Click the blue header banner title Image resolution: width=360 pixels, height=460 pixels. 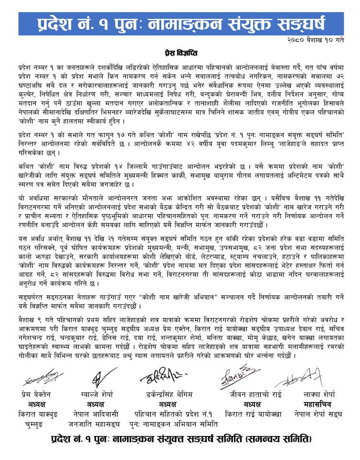(179, 23)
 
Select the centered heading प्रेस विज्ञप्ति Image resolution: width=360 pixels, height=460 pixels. (180, 52)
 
